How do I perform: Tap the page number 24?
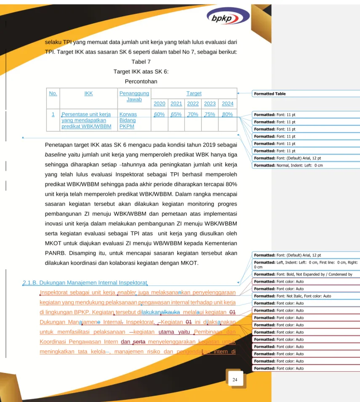235,380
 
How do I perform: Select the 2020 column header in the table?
159,104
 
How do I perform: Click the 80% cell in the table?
227,114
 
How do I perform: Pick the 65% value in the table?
176,114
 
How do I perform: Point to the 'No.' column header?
53,93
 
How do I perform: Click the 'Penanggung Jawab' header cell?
134,96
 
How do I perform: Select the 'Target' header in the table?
194,93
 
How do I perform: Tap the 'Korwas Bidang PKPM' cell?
128,120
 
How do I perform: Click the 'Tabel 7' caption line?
141,62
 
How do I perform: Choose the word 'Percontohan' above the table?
141,82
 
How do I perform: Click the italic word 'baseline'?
56,154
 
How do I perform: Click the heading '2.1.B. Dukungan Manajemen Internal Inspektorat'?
85,282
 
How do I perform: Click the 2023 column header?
210,104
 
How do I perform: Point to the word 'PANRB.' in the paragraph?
56,253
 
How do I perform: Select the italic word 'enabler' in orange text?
127,292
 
